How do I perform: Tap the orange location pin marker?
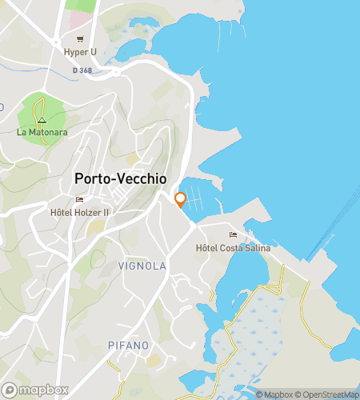(180, 199)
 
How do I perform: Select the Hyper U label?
(80, 52)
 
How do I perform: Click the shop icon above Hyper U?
(80, 38)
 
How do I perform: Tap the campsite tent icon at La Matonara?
(42, 121)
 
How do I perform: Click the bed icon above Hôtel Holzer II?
(79, 200)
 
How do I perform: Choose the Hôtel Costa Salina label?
(233, 249)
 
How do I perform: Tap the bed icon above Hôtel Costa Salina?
(233, 235)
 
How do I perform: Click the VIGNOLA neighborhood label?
(142, 266)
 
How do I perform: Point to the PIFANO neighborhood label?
(128, 345)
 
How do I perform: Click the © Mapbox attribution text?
(274, 394)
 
